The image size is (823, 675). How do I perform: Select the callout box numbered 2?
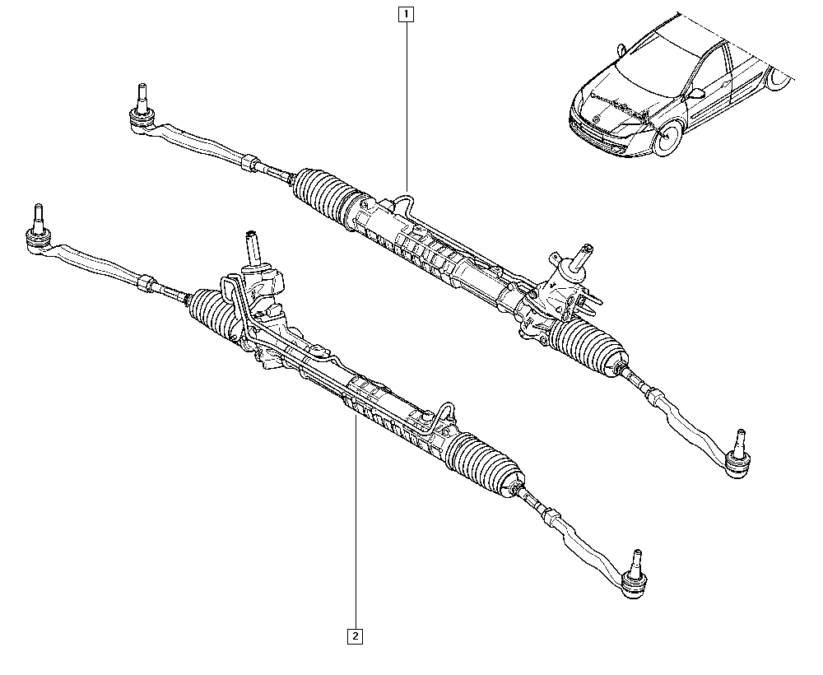click(356, 636)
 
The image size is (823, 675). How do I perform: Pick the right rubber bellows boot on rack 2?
click(484, 463)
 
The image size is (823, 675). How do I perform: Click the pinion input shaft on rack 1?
click(582, 256)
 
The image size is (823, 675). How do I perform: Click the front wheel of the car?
click(667, 137)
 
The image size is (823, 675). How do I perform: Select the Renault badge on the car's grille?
click(596, 118)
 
